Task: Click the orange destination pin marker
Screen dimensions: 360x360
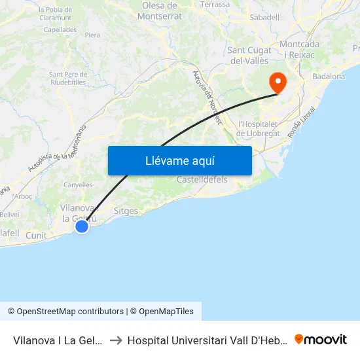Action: [278, 82]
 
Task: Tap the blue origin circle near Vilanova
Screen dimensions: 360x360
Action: [82, 226]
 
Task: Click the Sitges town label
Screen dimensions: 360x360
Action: [126, 211]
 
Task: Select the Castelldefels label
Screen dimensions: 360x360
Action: [202, 179]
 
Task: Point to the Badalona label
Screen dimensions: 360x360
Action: [329, 77]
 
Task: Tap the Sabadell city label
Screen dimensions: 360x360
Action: [264, 17]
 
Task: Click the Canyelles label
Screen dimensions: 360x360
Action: [78, 185]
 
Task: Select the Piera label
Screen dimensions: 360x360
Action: [92, 35]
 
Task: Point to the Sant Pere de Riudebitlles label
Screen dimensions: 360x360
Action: [69, 79]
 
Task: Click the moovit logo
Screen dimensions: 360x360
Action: [321, 339]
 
